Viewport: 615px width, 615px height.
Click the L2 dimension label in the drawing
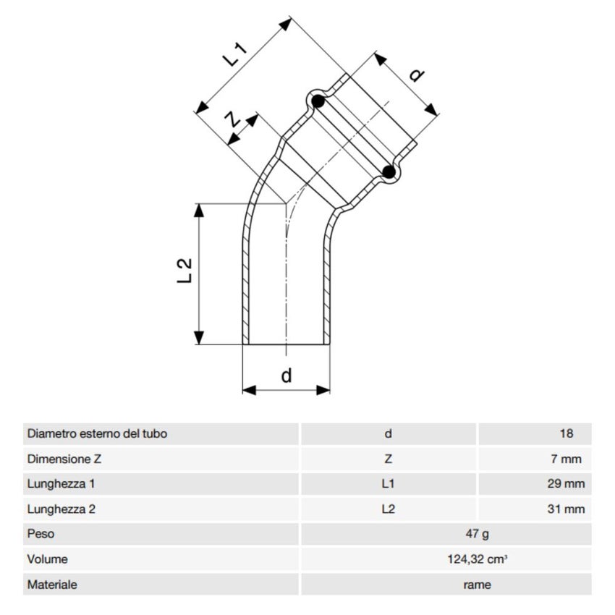(x=185, y=271)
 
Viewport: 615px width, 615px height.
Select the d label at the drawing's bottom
(x=287, y=376)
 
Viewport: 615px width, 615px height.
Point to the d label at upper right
(x=417, y=75)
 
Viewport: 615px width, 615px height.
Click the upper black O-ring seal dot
(x=318, y=101)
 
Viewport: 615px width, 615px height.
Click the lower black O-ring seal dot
(x=389, y=171)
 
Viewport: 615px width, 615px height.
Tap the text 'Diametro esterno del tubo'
(x=97, y=434)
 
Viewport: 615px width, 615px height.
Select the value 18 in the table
(x=566, y=434)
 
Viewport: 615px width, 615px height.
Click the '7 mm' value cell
(x=565, y=459)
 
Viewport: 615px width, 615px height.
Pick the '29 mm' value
(x=565, y=484)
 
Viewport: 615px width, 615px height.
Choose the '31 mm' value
(x=565, y=509)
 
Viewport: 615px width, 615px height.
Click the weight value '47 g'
(x=477, y=534)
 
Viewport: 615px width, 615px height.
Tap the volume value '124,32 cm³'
(x=477, y=559)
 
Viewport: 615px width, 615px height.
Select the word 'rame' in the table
(x=477, y=585)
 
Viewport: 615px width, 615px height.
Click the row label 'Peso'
(x=41, y=534)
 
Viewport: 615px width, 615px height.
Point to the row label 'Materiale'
(x=52, y=585)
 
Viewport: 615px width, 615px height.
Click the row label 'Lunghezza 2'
(x=61, y=509)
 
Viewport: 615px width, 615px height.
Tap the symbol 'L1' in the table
(x=389, y=484)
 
